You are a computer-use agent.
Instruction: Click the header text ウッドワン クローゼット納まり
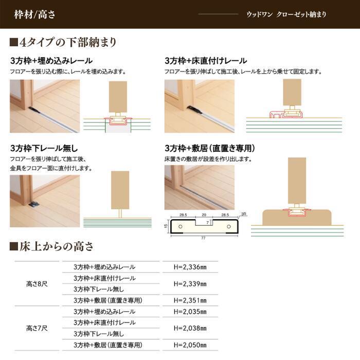coord(286,14)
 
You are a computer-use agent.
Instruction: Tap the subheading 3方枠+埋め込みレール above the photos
coord(51,61)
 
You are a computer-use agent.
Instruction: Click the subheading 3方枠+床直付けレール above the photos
coord(206,61)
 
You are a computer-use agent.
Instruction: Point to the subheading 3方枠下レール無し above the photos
coord(44,149)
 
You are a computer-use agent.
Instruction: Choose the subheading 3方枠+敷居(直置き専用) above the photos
coord(210,149)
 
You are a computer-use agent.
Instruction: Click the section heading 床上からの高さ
coord(52,246)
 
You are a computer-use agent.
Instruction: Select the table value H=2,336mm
coord(190,267)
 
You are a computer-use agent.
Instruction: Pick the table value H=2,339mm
coord(190,283)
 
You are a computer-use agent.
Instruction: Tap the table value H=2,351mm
coord(190,300)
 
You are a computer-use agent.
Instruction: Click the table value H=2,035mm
coord(190,311)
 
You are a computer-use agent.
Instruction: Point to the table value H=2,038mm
coord(190,328)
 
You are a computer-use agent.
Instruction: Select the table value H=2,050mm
coord(190,345)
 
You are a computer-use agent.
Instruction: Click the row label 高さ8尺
coord(37,283)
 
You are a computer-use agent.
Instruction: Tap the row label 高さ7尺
coord(37,328)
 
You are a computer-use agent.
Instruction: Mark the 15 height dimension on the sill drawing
coord(166,225)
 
